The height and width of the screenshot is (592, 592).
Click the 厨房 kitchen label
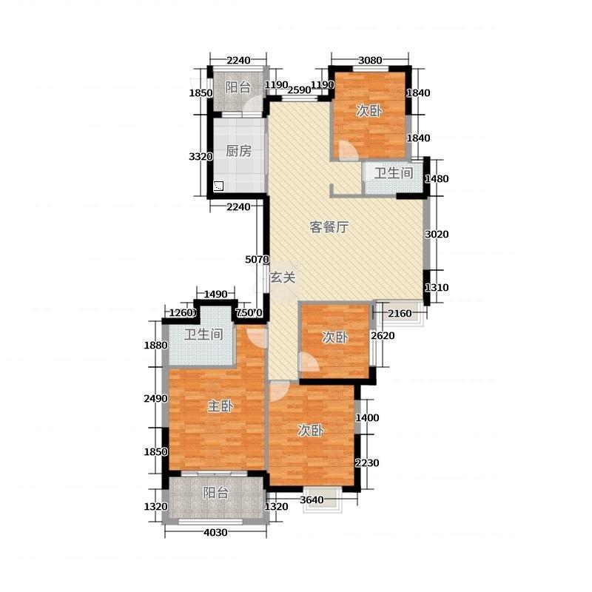238,151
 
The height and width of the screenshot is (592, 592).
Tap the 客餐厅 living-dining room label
329,227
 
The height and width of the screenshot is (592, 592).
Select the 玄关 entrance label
283,277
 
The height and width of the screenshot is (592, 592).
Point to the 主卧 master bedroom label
221,406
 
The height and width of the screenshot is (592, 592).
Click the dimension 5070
257,260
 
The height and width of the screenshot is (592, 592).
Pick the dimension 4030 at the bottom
215,532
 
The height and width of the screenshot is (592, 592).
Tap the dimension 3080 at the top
370,60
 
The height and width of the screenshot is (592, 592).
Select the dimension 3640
312,500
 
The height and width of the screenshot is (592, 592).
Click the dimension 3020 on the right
437,234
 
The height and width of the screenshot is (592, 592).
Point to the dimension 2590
299,90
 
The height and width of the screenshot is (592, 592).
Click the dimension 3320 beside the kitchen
201,156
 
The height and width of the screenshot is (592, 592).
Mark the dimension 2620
383,336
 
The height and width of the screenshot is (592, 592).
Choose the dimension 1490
215,294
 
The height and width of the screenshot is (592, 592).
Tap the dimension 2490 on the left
156,398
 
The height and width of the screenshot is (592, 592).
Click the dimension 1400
367,417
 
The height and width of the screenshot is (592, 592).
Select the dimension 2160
400,313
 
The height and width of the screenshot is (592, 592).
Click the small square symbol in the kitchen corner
218,186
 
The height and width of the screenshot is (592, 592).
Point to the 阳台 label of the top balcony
238,87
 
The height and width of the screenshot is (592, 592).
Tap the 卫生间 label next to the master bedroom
203,334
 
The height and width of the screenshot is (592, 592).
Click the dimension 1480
437,178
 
